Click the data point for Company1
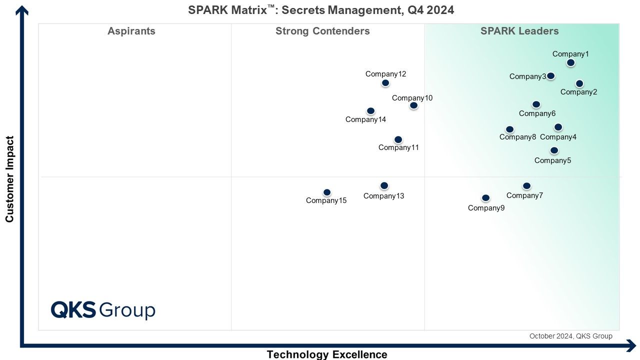point(570,62)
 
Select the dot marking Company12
point(385,83)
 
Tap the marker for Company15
point(327,192)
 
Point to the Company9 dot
point(485,197)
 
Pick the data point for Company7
point(526,186)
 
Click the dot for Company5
point(554,150)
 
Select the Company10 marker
point(413,105)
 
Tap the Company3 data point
point(550,76)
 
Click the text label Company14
point(365,119)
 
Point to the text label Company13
point(383,196)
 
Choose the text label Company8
point(517,137)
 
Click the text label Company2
point(578,92)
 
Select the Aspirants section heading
point(131,31)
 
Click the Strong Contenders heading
point(322,31)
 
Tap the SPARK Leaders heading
point(519,31)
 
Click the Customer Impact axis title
point(9,179)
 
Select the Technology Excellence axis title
point(327,354)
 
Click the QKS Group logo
point(103,310)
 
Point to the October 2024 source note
point(571,336)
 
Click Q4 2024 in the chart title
point(430,10)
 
